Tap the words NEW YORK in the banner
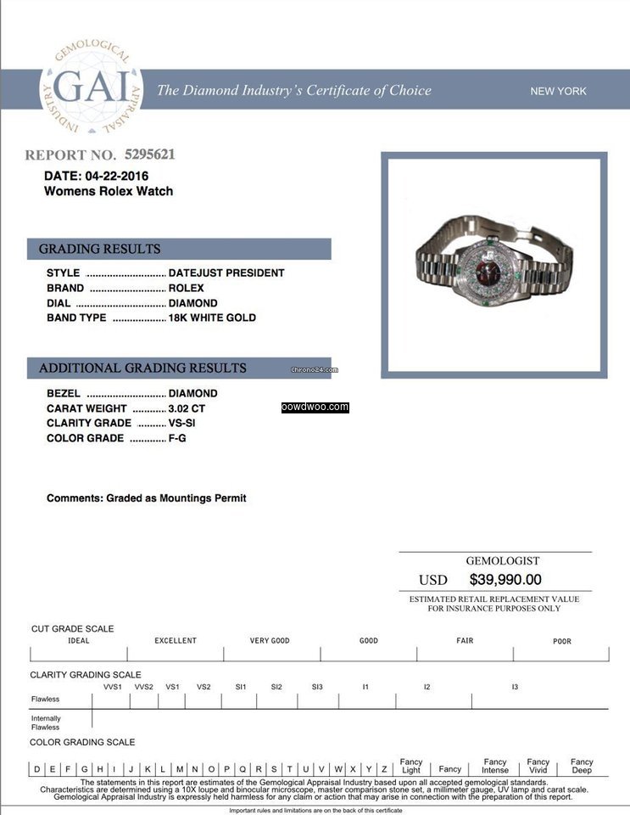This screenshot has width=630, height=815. coord(558,91)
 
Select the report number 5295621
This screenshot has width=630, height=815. coord(149,155)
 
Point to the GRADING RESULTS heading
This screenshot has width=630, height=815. coord(99,249)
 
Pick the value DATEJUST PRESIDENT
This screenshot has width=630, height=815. coord(226,273)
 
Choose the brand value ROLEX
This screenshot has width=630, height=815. coord(187,288)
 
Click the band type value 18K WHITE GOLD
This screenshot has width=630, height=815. coord(212,318)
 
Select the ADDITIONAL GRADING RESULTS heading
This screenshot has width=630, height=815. coord(142,368)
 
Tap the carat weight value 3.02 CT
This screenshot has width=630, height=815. coord(187,408)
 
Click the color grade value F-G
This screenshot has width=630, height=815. coord(178,438)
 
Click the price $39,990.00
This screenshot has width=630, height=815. coord(505,580)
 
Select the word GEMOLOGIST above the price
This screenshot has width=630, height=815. coord(502,560)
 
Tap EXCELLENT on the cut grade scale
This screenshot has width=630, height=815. coord(176,641)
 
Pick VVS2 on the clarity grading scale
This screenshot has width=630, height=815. coord(143,687)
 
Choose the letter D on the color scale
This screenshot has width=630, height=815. coord(36,769)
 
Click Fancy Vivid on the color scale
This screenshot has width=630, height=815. coord(538,766)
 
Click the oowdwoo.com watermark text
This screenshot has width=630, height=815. coord(315,407)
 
